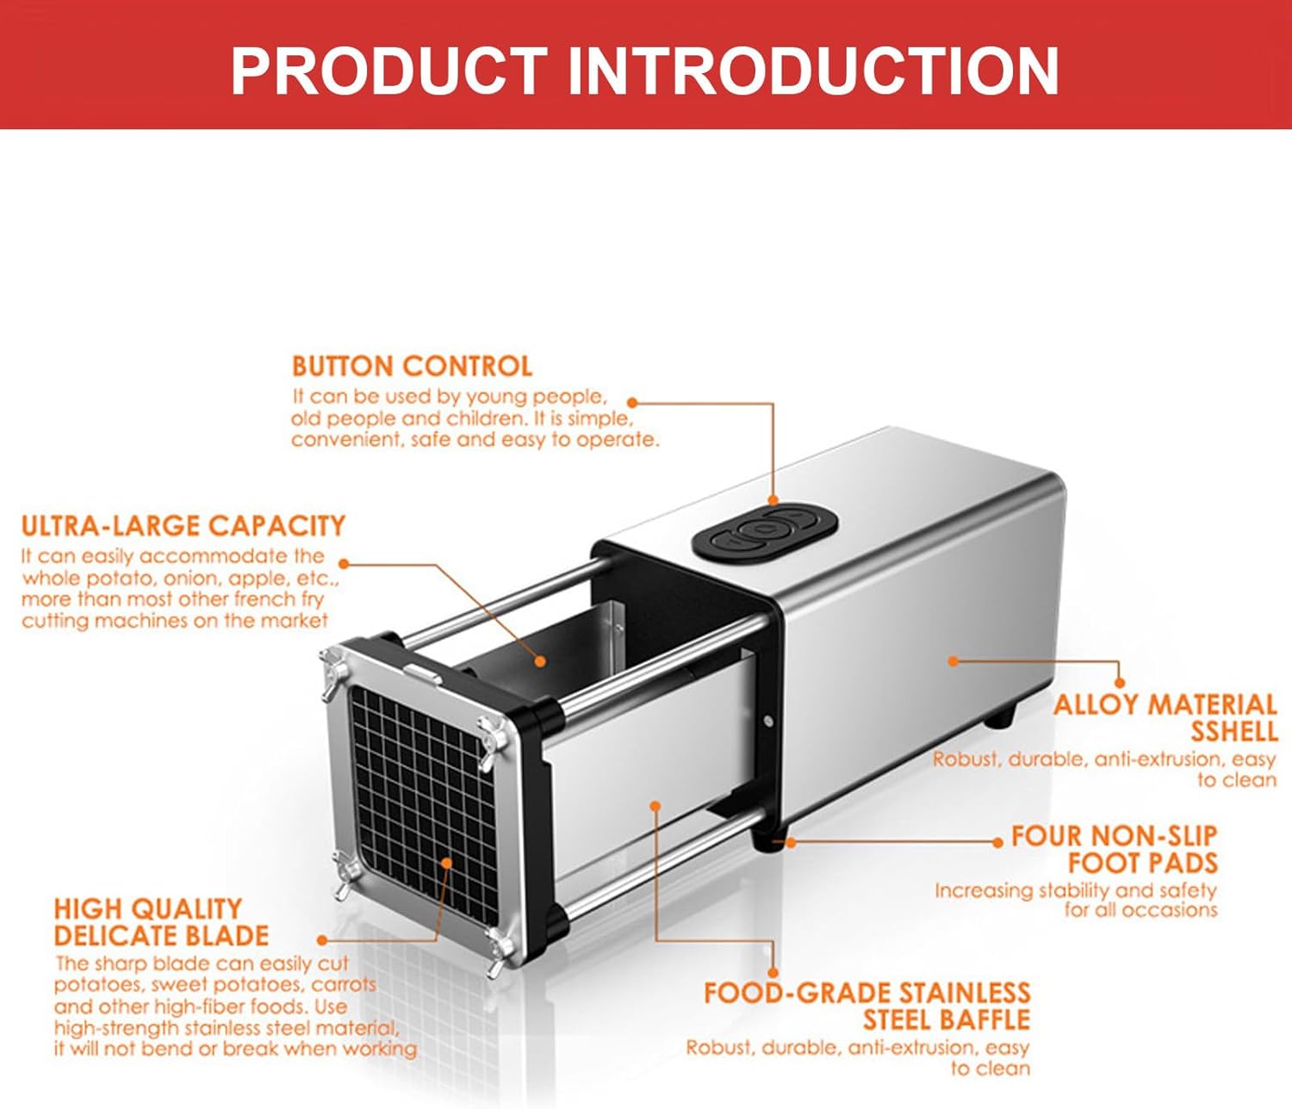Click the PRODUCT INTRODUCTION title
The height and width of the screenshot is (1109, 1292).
click(x=644, y=71)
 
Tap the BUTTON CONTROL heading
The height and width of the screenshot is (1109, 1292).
click(x=412, y=366)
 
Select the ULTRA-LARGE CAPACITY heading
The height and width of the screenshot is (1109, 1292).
click(x=183, y=526)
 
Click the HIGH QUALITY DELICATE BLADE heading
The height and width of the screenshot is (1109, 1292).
click(x=161, y=922)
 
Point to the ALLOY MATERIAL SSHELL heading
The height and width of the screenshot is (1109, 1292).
click(x=1165, y=718)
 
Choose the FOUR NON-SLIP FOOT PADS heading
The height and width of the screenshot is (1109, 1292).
click(x=1114, y=849)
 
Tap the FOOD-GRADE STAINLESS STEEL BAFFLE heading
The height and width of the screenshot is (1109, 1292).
click(x=867, y=1007)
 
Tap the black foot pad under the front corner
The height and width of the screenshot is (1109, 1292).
click(x=766, y=840)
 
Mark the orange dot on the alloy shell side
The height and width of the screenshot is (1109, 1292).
click(x=953, y=661)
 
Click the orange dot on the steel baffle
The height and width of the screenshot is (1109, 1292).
click(x=655, y=806)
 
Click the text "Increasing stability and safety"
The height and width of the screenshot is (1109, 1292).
click(x=1075, y=890)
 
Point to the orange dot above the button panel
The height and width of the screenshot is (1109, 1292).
click(x=773, y=499)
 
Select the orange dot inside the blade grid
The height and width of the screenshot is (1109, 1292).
click(x=446, y=862)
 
